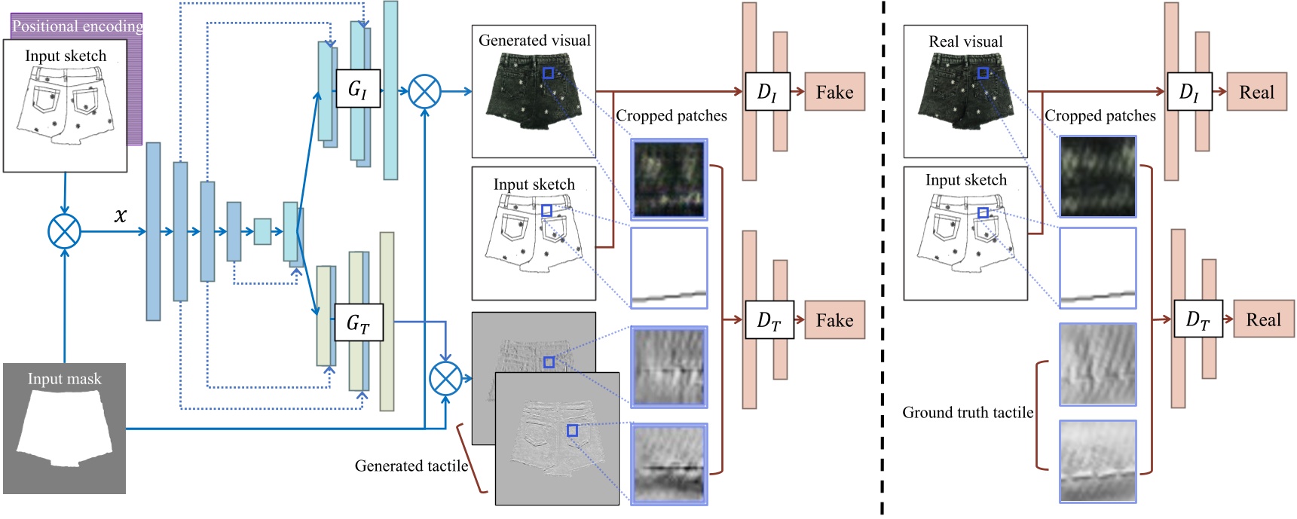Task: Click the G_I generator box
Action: click(x=357, y=88)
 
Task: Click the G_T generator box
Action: click(x=357, y=323)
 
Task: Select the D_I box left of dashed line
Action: click(x=766, y=92)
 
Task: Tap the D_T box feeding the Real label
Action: click(x=1197, y=319)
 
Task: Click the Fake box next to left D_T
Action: click(x=834, y=320)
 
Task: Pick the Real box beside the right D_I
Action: click(x=1256, y=92)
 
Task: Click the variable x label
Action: click(x=120, y=216)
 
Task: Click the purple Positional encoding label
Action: click(x=78, y=26)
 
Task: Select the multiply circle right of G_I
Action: click(x=424, y=91)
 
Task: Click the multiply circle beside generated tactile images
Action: click(x=445, y=378)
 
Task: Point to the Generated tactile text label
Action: click(x=411, y=466)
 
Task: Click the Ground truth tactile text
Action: click(x=968, y=413)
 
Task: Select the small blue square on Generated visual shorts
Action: click(x=549, y=73)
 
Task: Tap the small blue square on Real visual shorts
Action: click(x=983, y=73)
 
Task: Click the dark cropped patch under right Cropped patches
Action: click(x=1097, y=177)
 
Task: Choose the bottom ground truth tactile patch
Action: click(x=1097, y=461)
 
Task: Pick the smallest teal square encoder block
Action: click(x=262, y=231)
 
